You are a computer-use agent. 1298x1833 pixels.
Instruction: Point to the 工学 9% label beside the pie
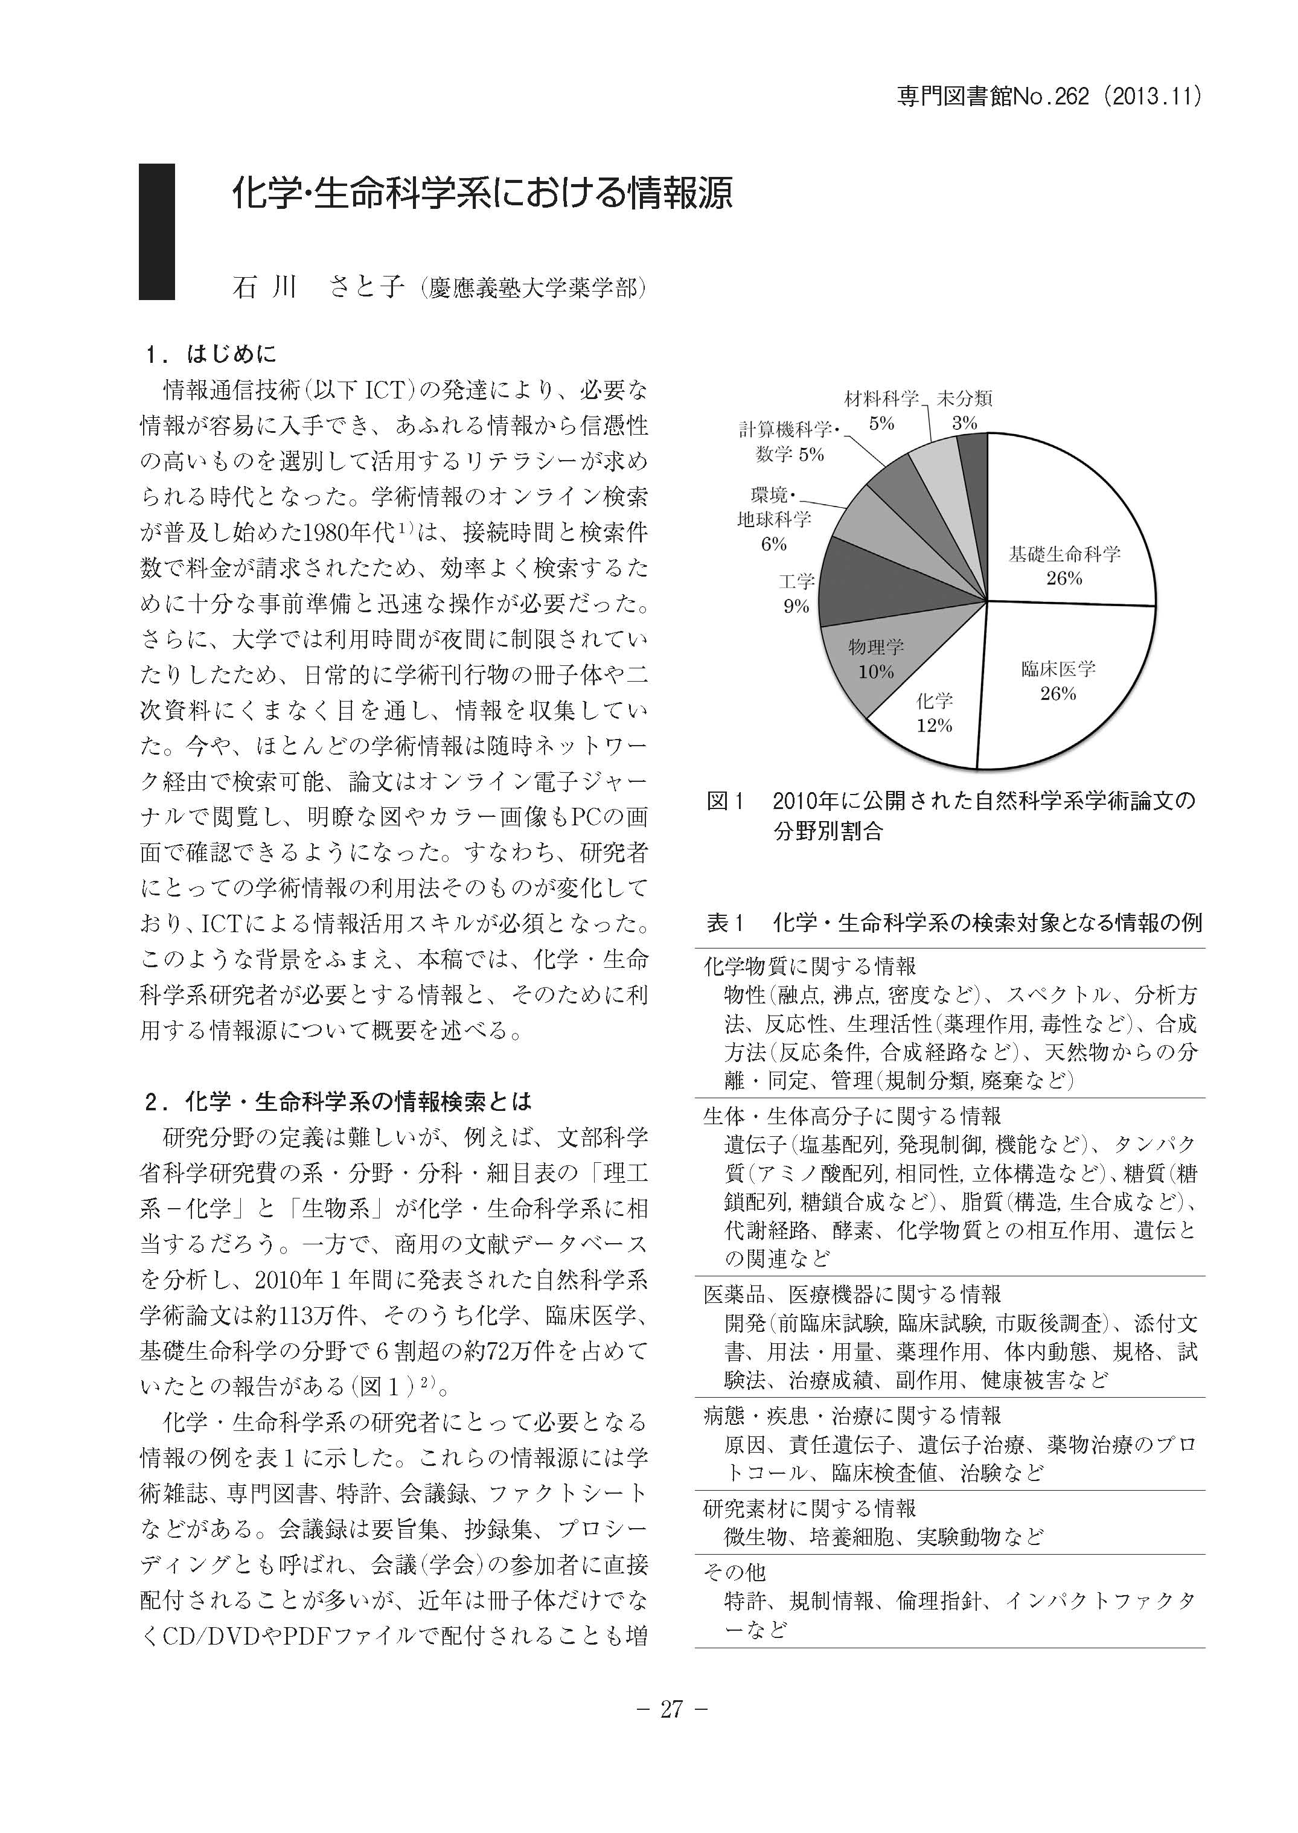pyautogui.click(x=796, y=593)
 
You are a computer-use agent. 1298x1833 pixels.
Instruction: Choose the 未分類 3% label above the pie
pyautogui.click(x=965, y=410)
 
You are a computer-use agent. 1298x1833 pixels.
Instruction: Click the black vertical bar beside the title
pyautogui.click(x=156, y=231)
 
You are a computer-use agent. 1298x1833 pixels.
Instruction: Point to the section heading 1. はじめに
pyautogui.click(x=212, y=353)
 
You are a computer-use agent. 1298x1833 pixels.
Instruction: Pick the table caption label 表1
pyautogui.click(x=725, y=923)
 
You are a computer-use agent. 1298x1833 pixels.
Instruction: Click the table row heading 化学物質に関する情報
pyautogui.click(x=810, y=965)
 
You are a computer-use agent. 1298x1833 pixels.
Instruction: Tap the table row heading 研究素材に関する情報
pyautogui.click(x=810, y=1508)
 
